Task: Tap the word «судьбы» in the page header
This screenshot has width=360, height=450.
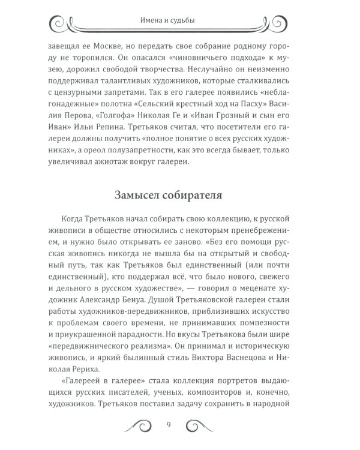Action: pos(194,23)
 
